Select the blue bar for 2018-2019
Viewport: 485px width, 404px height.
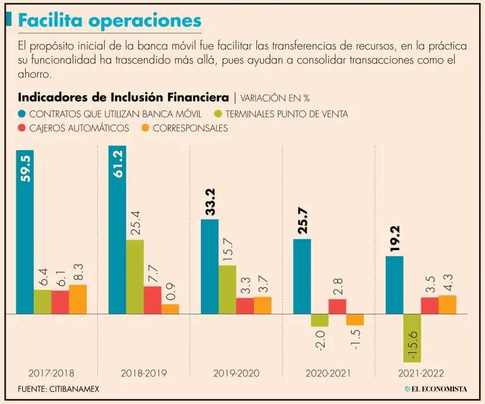pos(117,230)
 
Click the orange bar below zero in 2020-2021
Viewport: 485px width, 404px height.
pos(355,319)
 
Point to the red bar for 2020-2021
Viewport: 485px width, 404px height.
pos(337,306)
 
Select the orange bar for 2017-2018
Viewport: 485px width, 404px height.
pos(78,299)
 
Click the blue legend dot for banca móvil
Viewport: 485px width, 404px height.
pos(22,114)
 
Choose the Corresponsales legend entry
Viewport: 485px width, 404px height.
pos(190,128)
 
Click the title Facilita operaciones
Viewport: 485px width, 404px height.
pos(110,20)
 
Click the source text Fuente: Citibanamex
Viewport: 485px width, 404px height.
pos(58,389)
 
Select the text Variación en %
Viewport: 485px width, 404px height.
pos(275,98)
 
